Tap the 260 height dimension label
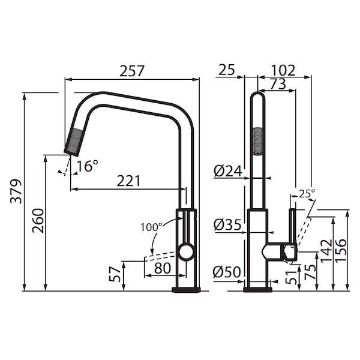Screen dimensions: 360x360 tap(38, 222)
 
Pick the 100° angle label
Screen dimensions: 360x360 tap(151, 227)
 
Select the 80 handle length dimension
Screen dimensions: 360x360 tap(162, 268)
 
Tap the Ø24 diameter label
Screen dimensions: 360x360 tap(228, 171)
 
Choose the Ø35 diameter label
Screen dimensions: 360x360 tap(228, 225)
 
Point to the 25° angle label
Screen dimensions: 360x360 tap(307, 193)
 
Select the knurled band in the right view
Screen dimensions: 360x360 tap(257, 140)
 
